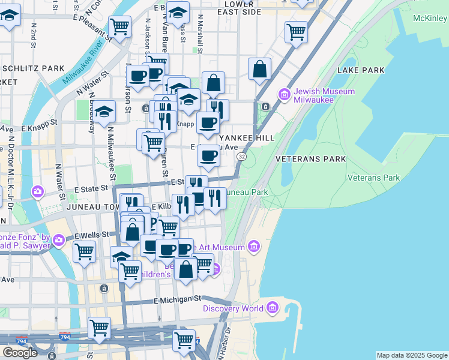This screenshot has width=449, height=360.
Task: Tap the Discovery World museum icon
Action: pyautogui.click(x=273, y=308)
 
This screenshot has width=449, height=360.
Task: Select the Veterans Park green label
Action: pyautogui.click(x=374, y=178)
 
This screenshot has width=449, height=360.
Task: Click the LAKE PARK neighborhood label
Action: pyautogui.click(x=360, y=70)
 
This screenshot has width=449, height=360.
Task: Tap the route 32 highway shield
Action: pyautogui.click(x=241, y=156)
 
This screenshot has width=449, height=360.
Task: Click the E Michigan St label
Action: pyautogui.click(x=176, y=299)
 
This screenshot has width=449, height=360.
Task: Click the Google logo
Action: pyautogui.click(x=20, y=352)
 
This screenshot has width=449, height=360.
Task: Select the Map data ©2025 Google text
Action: pyautogui.click(x=411, y=355)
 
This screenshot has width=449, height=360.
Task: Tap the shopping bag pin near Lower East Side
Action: pyautogui.click(x=260, y=68)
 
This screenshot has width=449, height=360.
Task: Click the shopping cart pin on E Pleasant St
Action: pyautogui.click(x=120, y=26)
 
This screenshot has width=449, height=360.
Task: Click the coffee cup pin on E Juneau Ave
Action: pyautogui.click(x=208, y=155)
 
